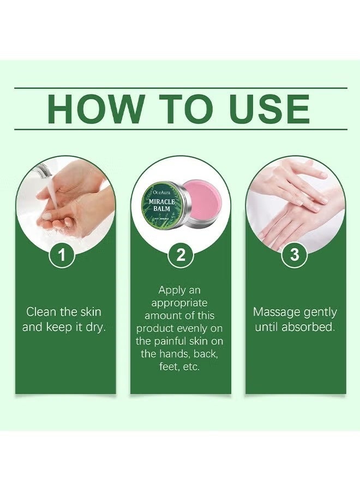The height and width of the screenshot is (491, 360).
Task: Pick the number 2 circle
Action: (181, 255)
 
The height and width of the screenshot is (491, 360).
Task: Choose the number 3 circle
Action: (295, 255)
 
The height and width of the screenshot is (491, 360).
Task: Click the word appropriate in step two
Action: (180, 303)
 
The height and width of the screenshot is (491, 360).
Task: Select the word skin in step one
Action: (89, 313)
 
